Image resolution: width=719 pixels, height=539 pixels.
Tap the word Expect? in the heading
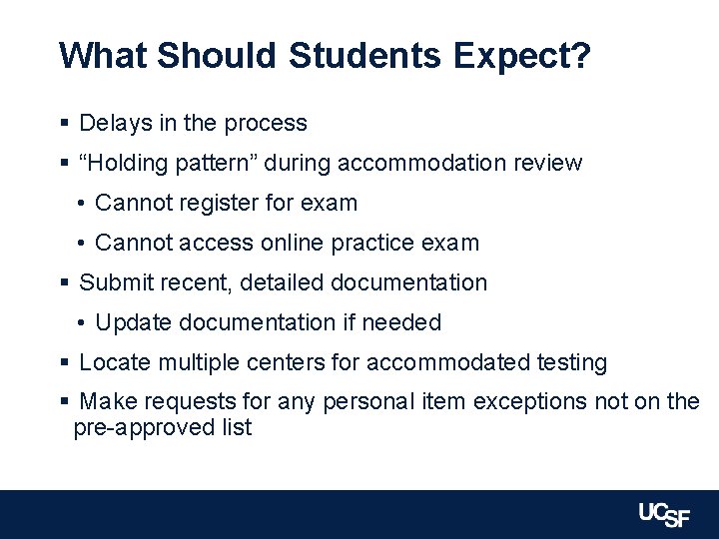coord(521,56)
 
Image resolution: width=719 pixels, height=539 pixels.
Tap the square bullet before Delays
coord(64,124)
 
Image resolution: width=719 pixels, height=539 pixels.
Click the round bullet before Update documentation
coord(81,323)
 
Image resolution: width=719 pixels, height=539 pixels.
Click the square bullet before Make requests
coord(64,402)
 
